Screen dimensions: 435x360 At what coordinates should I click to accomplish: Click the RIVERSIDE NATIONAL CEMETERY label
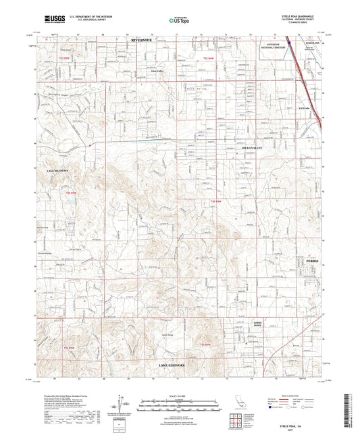tap(272, 45)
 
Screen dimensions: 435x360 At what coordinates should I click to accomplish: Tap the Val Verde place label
tap(304, 109)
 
